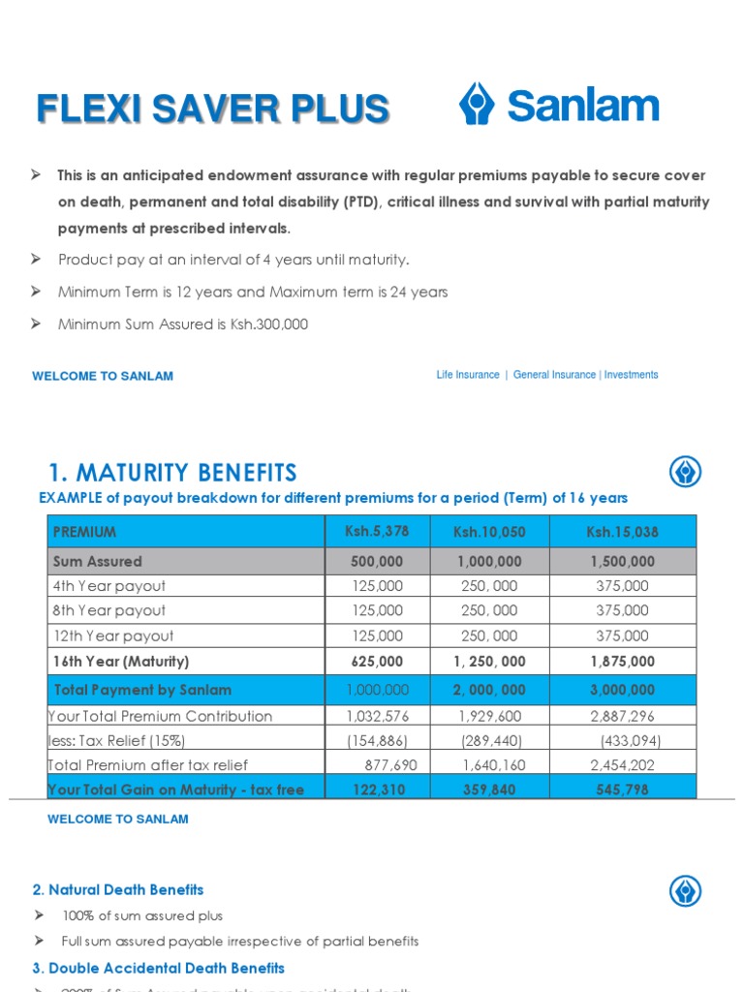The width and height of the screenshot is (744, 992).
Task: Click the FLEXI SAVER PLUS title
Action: (x=212, y=108)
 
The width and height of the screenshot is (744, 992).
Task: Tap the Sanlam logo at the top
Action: (x=559, y=105)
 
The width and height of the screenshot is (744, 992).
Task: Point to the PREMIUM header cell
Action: (x=84, y=532)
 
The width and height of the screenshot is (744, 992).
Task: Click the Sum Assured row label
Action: (x=97, y=561)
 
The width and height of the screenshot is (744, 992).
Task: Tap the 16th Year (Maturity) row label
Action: (x=121, y=662)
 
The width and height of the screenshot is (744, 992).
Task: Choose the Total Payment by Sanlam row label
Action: (x=142, y=690)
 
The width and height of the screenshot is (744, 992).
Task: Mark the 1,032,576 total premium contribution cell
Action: (x=378, y=716)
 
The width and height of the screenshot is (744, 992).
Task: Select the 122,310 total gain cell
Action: (x=378, y=790)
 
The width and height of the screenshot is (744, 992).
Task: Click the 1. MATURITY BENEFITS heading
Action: (x=172, y=473)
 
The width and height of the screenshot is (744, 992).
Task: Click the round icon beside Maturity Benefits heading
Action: (x=685, y=473)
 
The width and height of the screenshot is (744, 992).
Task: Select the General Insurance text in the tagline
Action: (x=554, y=375)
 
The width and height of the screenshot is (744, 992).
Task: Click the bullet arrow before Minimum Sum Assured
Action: (x=37, y=324)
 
